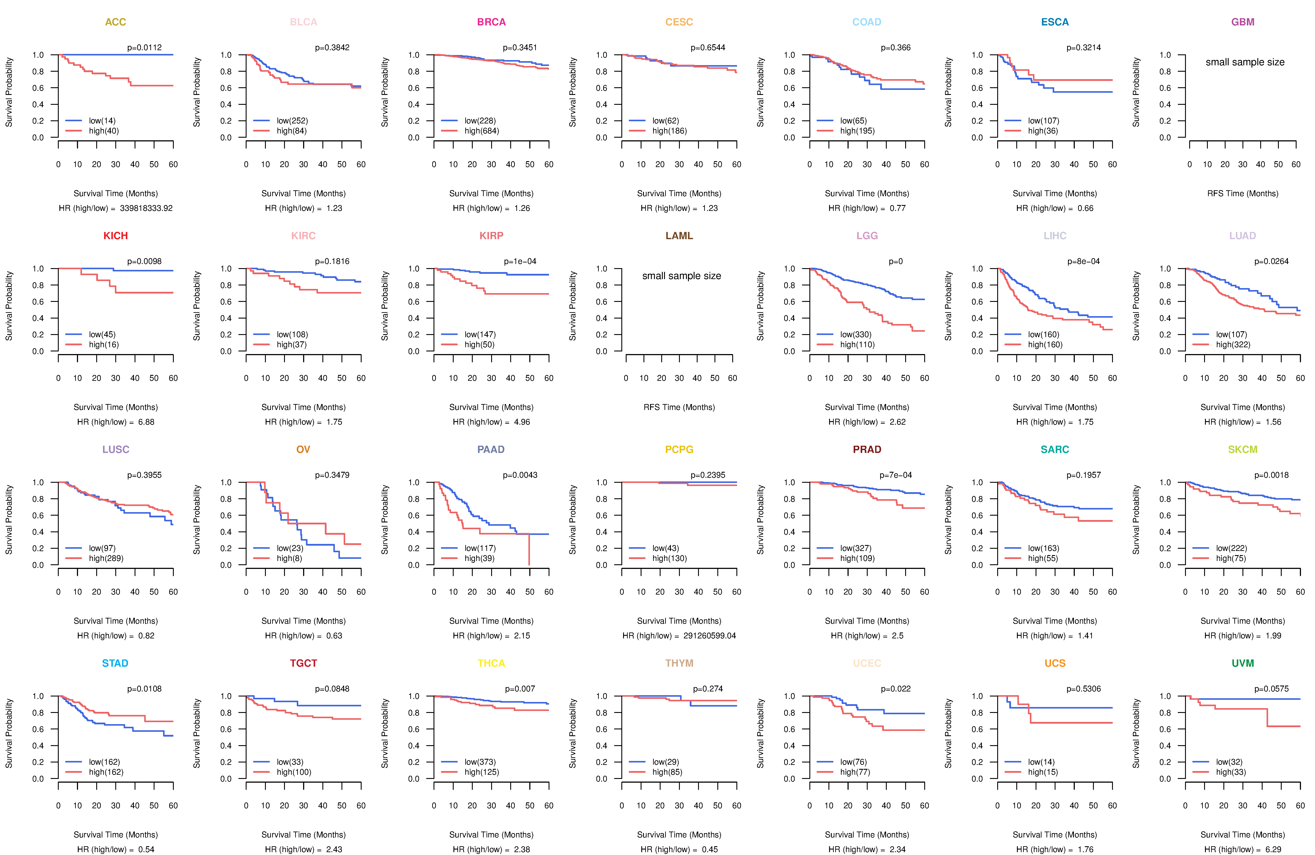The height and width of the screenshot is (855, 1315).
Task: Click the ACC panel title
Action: tap(116, 22)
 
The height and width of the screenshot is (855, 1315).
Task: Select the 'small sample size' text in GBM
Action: tap(1245, 62)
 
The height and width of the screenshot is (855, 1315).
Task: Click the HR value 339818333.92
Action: tap(146, 208)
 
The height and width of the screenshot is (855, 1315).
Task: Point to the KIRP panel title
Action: tap(491, 236)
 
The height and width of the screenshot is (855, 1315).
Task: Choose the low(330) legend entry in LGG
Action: tap(855, 334)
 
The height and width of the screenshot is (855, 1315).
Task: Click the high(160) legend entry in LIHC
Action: tap(1045, 344)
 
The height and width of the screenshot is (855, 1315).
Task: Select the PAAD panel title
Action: tap(491, 449)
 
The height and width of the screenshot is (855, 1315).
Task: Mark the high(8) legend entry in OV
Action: tap(289, 558)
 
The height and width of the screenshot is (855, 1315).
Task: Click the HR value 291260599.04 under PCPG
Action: tap(709, 636)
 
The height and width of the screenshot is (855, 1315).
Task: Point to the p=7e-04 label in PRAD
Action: tap(896, 475)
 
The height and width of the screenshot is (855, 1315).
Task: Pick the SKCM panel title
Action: tap(1243, 449)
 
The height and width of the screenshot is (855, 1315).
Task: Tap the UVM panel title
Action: tap(1243, 663)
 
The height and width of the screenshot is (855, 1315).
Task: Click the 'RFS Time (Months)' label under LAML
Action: tap(679, 407)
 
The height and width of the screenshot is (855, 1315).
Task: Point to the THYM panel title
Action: tap(679, 663)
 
